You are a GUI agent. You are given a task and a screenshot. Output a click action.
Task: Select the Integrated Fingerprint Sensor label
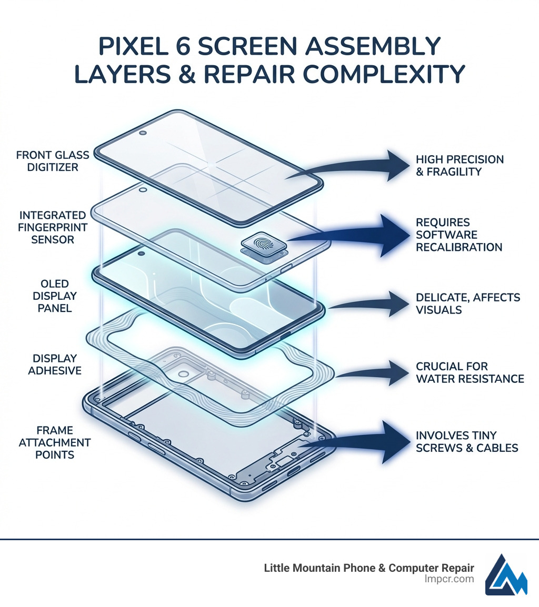(52, 227)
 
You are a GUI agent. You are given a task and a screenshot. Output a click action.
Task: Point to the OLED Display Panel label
(53, 296)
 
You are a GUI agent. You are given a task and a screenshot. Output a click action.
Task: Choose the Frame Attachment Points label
(55, 442)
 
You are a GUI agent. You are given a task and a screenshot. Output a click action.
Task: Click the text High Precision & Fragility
(460, 165)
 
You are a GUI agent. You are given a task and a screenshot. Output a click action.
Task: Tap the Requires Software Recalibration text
(458, 235)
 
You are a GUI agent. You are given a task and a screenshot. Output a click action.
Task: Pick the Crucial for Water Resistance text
(470, 372)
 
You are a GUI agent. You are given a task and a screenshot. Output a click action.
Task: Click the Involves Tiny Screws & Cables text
(467, 442)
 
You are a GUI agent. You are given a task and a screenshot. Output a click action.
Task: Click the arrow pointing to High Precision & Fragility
(358, 166)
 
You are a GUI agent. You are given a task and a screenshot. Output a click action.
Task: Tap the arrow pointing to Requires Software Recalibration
(358, 235)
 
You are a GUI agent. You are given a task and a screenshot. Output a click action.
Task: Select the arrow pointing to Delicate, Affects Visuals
(368, 304)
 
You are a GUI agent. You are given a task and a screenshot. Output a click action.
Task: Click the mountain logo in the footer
(506, 574)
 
